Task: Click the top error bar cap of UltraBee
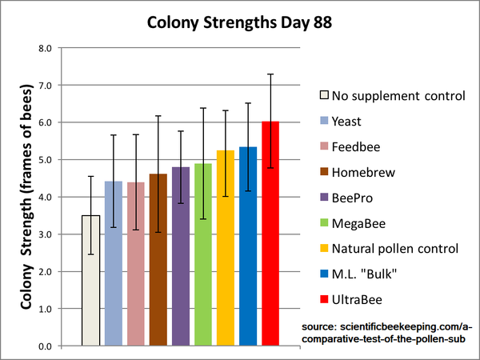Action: (270, 74)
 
